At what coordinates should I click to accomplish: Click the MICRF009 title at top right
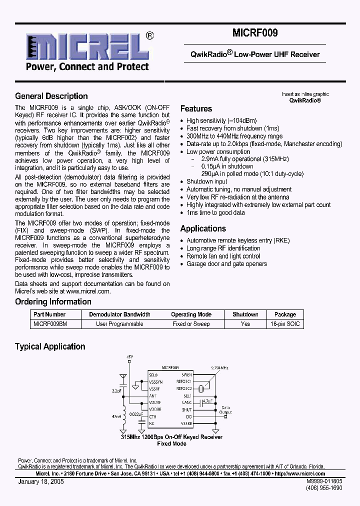[x=255, y=33]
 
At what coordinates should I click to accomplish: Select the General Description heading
[x=51, y=96]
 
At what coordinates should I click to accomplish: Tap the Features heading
[x=196, y=109]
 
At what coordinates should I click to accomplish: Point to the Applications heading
[x=203, y=228]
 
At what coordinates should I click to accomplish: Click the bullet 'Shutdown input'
[x=206, y=181]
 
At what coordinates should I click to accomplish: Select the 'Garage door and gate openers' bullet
[x=226, y=264]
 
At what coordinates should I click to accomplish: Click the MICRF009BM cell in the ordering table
[x=49, y=324]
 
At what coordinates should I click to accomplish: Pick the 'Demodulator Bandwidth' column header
[x=119, y=314]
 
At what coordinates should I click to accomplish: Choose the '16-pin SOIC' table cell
[x=285, y=324]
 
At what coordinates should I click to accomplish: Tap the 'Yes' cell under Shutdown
[x=245, y=324]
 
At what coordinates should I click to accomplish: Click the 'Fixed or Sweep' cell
[x=191, y=324]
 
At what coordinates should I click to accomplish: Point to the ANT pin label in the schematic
[x=153, y=395]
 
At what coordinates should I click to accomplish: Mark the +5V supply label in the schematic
[x=129, y=356]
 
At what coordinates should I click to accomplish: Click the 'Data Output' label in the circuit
[x=226, y=410]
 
